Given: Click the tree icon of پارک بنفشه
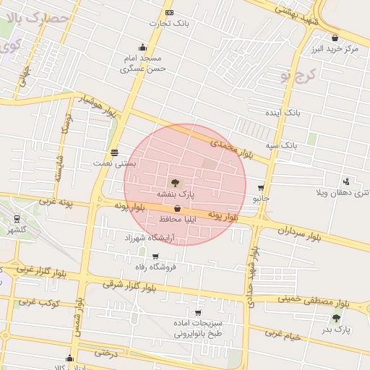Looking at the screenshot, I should (x=177, y=182).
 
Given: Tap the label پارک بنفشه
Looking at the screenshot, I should (x=177, y=194).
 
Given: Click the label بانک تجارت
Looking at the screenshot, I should (x=169, y=23).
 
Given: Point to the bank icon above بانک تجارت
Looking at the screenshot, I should (x=169, y=12).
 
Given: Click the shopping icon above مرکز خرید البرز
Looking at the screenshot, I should (x=335, y=38).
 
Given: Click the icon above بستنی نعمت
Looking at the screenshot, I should (x=114, y=152).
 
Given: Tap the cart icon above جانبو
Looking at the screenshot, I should (x=261, y=187).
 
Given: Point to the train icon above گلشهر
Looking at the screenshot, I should (x=17, y=219).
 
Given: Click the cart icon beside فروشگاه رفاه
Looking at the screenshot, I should (x=155, y=257).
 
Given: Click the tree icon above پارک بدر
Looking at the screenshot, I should (x=336, y=317).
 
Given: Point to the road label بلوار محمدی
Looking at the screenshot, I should (x=233, y=149).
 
